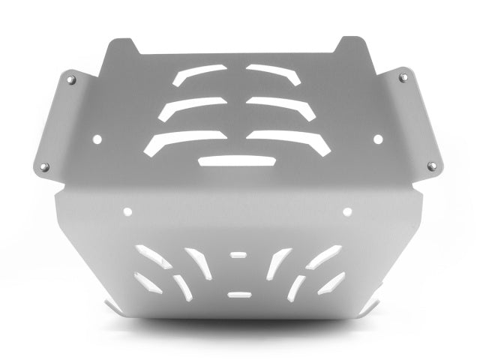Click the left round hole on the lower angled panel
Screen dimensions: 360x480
[x=128, y=211]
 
